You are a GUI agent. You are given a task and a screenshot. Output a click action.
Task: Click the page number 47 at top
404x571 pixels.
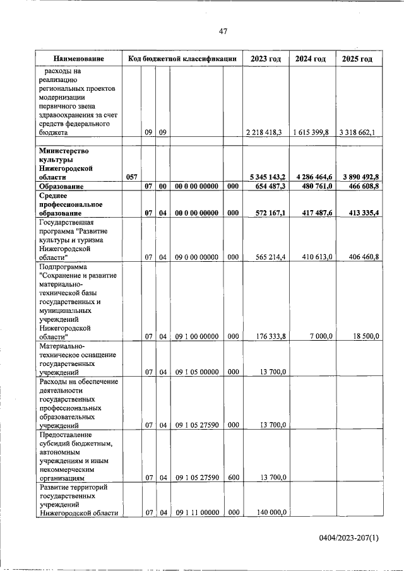223,32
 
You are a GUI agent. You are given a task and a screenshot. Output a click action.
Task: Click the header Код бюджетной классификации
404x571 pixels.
182,59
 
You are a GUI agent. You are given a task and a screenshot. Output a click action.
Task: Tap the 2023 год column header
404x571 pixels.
265,59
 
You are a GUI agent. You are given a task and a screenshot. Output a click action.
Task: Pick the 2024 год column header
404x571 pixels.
311,59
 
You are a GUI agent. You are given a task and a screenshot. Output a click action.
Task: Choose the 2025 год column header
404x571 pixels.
357,59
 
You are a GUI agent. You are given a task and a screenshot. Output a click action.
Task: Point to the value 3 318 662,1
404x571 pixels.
357,133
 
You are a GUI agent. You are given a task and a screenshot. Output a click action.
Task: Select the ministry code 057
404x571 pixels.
131,177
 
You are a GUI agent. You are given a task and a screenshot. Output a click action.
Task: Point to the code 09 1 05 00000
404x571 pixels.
197,372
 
